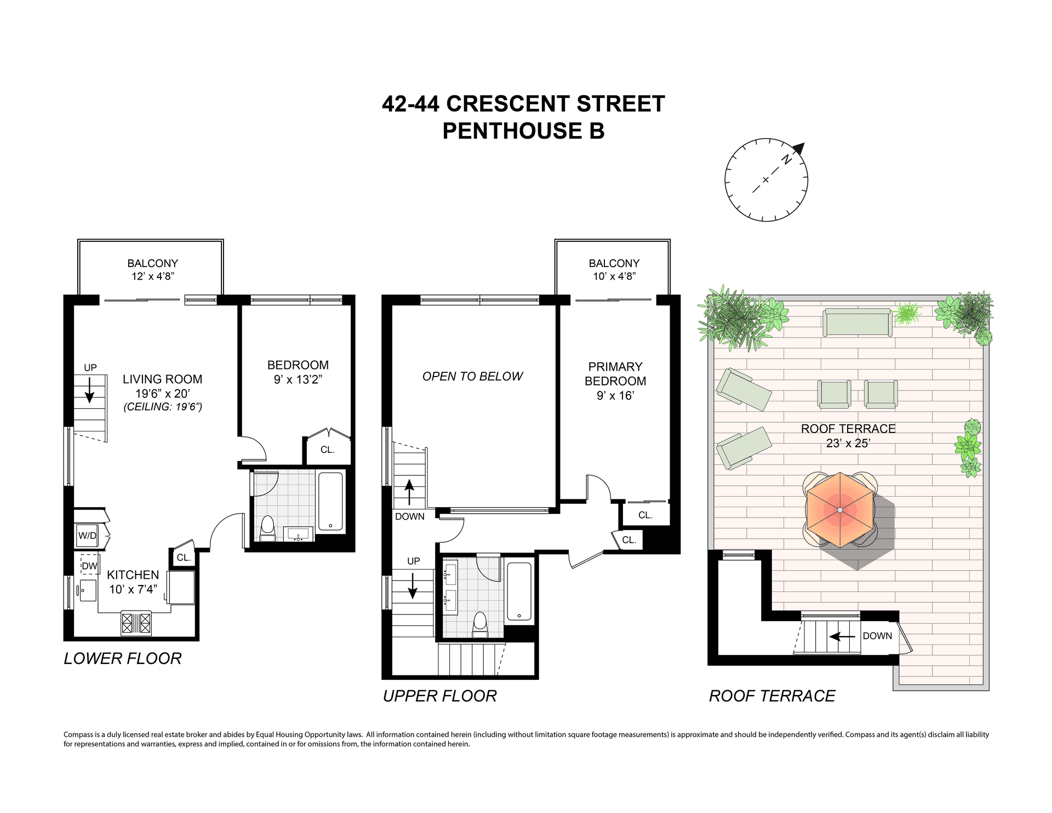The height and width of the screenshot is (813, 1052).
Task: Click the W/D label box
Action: tap(87, 536)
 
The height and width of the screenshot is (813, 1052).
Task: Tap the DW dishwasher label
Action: tap(89, 566)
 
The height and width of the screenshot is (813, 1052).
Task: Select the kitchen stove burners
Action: tap(136, 623)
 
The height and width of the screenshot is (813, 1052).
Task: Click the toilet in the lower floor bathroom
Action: tap(267, 528)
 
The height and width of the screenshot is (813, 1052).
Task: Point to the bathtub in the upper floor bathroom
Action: tap(519, 592)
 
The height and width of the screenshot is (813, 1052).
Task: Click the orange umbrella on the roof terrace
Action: tap(840, 510)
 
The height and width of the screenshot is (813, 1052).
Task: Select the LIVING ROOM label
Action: tap(162, 379)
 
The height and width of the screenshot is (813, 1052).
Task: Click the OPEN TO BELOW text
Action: tap(472, 376)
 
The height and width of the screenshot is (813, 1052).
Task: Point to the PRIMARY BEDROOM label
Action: tap(615, 374)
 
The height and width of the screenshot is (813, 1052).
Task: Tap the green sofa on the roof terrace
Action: tap(857, 322)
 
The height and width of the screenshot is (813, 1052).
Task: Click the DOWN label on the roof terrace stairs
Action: tap(877, 636)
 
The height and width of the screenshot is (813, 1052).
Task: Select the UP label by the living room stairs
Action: tap(90, 368)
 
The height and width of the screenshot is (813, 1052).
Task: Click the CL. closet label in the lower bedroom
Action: tap(328, 450)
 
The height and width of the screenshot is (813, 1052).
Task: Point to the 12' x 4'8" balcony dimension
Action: tap(152, 276)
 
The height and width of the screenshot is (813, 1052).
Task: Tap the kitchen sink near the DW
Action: tap(87, 590)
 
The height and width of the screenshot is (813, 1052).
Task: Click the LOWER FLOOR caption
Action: tap(123, 658)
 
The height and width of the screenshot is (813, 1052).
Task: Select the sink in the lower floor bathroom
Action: tap(299, 533)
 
